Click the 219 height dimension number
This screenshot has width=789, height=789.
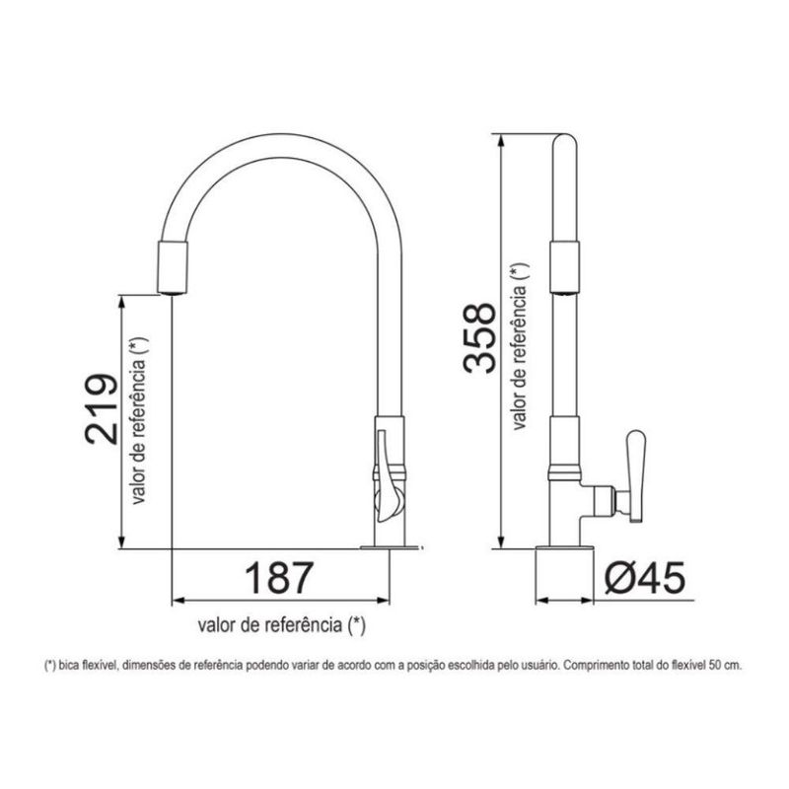pos(102,409)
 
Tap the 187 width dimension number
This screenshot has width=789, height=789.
pos(279,578)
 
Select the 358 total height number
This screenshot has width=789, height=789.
pos(479,337)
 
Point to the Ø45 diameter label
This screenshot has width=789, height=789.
pos(645,577)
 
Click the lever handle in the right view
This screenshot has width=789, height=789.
pos(636,475)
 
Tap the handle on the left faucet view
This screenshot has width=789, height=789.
pos(388,476)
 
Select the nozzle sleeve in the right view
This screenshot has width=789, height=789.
pos(564,266)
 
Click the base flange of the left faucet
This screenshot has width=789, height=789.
pos(390,546)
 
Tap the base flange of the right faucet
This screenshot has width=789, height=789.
pos(564,546)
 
